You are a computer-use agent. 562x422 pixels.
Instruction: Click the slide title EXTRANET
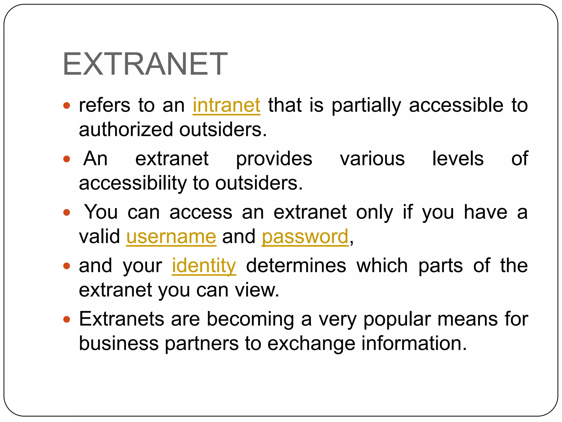[x=145, y=64]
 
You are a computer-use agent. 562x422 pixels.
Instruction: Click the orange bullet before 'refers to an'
[x=67, y=105]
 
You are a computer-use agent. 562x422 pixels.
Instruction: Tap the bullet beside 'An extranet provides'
[x=67, y=159]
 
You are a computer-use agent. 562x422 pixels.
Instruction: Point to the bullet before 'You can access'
[x=67, y=212]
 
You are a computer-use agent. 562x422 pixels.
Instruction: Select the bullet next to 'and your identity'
[x=67, y=266]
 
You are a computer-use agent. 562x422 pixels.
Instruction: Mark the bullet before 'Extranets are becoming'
[x=67, y=319]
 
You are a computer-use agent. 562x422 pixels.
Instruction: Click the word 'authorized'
[x=126, y=129]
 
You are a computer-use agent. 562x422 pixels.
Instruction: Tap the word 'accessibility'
[x=133, y=183]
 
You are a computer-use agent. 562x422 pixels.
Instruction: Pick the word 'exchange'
[x=311, y=344]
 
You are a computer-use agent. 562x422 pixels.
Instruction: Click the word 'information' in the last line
[x=414, y=344]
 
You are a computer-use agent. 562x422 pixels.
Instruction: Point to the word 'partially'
[x=366, y=106]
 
